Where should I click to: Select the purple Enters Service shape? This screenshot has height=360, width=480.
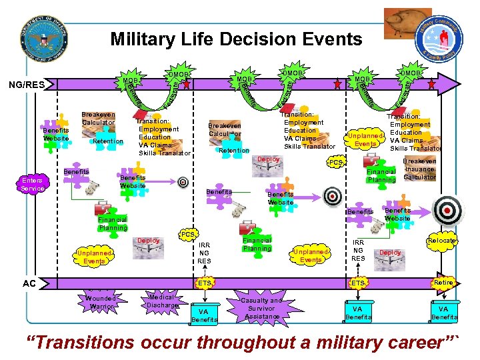click(x=32, y=184)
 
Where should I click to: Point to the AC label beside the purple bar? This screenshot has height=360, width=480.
click(x=29, y=283)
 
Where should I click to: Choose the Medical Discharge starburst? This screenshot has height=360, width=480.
click(x=162, y=301)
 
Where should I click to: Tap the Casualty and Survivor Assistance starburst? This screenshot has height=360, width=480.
click(x=263, y=308)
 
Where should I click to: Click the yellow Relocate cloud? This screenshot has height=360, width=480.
click(x=442, y=240)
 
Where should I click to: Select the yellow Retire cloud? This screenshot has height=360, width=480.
click(x=443, y=283)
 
